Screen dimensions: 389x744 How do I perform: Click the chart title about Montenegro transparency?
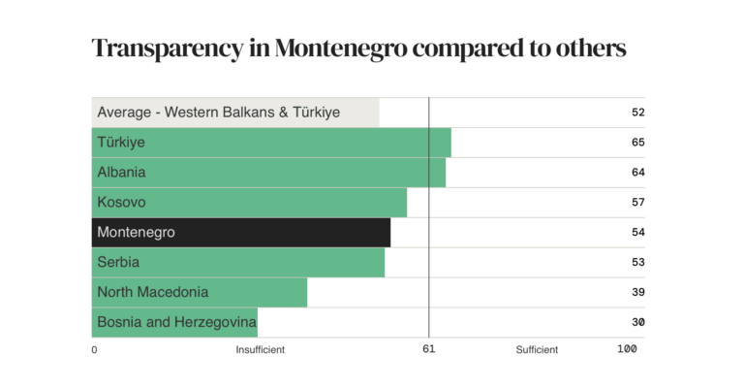pos(358,49)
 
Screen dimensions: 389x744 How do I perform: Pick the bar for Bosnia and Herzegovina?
pos(174,322)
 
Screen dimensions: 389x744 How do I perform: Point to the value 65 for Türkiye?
pos(637,143)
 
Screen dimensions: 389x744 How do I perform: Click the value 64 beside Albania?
pos(637,173)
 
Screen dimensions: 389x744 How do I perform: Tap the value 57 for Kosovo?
pos(637,203)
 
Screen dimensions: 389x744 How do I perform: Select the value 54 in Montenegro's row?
pos(637,233)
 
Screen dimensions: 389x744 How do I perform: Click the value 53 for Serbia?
pos(637,262)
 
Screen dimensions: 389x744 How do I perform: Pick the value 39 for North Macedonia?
pos(637,292)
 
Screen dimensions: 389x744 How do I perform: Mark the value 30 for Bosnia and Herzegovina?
pos(637,322)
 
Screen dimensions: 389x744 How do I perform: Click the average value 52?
pos(637,113)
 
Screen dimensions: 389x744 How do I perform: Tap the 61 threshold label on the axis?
pos(428,349)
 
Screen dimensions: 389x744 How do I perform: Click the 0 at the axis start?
pos(94,350)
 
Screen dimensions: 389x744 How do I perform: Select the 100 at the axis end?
pos(627,349)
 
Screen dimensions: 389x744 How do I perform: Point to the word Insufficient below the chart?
pos(260,350)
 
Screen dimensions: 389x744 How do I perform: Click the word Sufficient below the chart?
pos(537,350)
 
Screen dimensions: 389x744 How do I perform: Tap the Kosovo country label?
pos(121,203)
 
